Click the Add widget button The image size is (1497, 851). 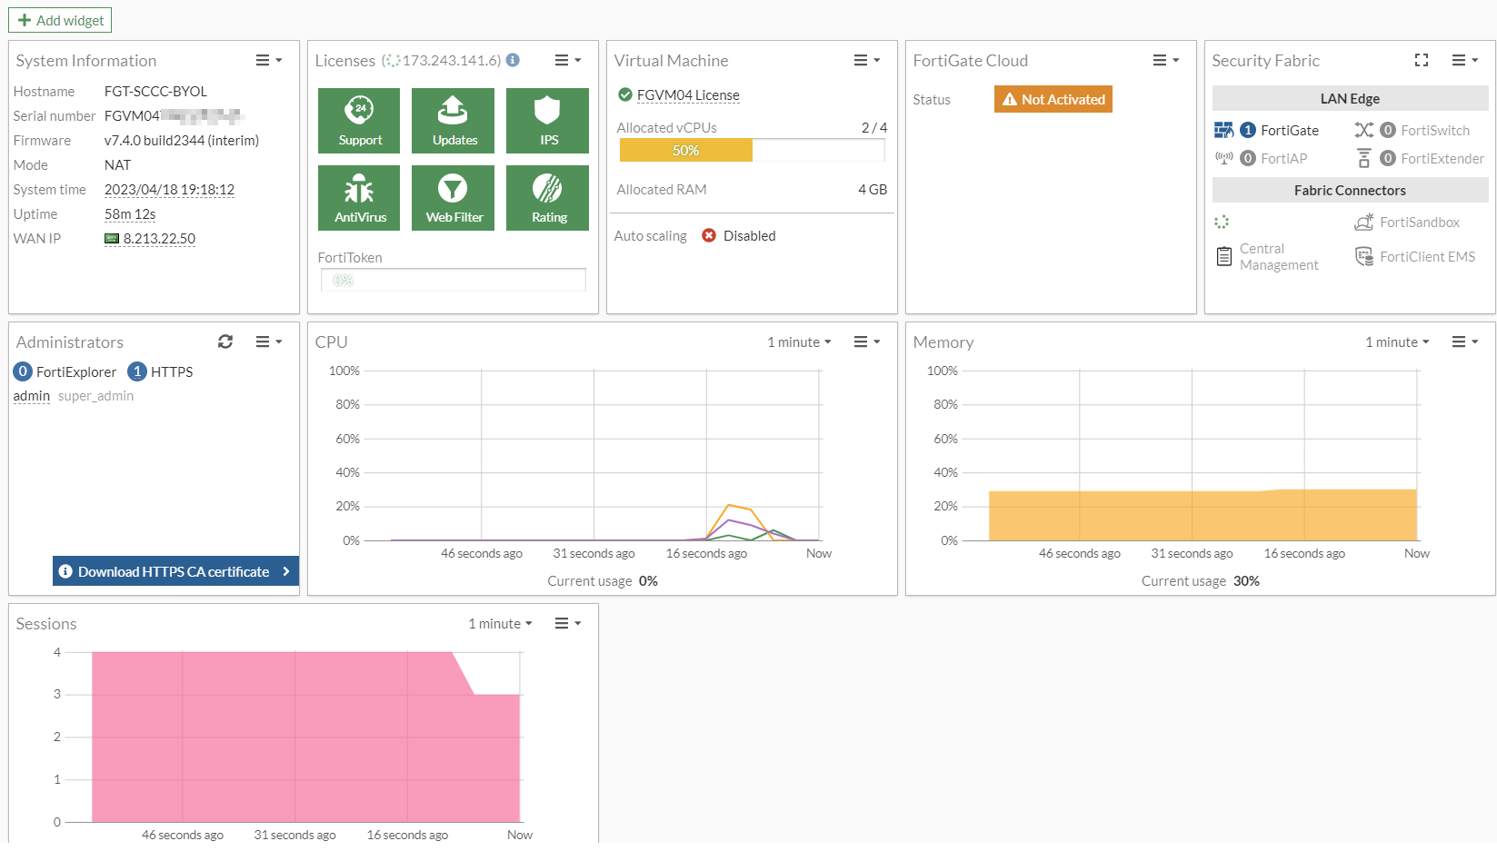tap(60, 20)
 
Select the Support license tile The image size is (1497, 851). tap(359, 121)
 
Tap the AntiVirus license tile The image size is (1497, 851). tap(359, 198)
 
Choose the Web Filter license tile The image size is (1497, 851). tap(453, 198)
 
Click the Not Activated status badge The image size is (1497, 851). tap(1053, 99)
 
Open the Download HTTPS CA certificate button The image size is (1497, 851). tap(175, 571)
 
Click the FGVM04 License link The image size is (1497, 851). tap(688, 95)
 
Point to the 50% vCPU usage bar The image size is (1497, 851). tap(685, 151)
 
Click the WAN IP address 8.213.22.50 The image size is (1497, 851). tap(159, 239)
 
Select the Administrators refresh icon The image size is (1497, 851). tap(225, 341)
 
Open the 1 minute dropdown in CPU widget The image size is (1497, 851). tap(799, 342)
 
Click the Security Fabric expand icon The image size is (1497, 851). tap(1422, 60)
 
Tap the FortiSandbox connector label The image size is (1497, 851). tap(1419, 223)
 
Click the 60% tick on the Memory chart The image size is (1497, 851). tap(945, 439)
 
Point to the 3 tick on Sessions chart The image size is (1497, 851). tap(57, 695)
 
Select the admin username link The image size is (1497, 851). tap(32, 396)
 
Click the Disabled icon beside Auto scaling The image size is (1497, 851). tap(709, 236)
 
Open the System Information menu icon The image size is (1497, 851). tap(268, 61)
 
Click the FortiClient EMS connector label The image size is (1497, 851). tap(1427, 257)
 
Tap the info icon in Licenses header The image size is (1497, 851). tap(513, 60)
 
